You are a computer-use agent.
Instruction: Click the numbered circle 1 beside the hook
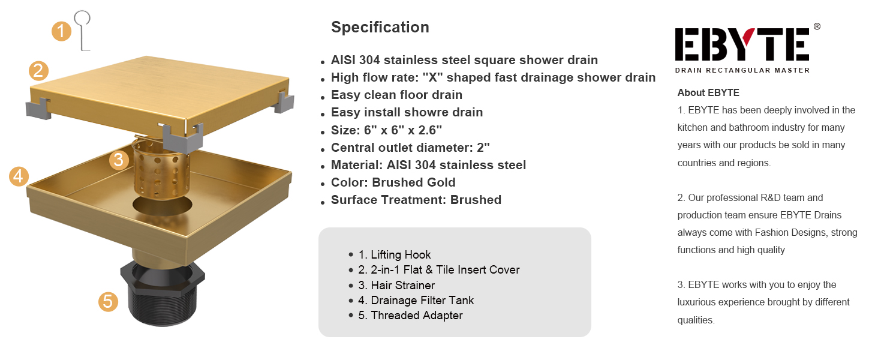point(62,31)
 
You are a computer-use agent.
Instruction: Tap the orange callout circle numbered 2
point(38,71)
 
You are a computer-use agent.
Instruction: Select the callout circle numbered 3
point(119,160)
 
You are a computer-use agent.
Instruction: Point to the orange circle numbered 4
point(19,176)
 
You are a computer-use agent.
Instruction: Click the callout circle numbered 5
point(108,302)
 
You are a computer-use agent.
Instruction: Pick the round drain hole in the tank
point(163,205)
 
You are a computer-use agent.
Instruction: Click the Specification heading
point(380,27)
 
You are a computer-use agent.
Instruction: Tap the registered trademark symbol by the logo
point(817,26)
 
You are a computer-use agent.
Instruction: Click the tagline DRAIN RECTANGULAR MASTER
point(742,70)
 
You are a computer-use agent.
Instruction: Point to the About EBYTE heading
point(708,92)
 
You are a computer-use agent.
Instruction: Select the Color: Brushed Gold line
point(393,182)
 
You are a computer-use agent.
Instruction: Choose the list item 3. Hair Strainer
point(396,285)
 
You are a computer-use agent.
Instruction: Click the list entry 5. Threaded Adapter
point(410,315)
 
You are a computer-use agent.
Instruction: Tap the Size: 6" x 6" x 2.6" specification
point(386,130)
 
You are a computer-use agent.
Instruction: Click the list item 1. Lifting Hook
point(394,255)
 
